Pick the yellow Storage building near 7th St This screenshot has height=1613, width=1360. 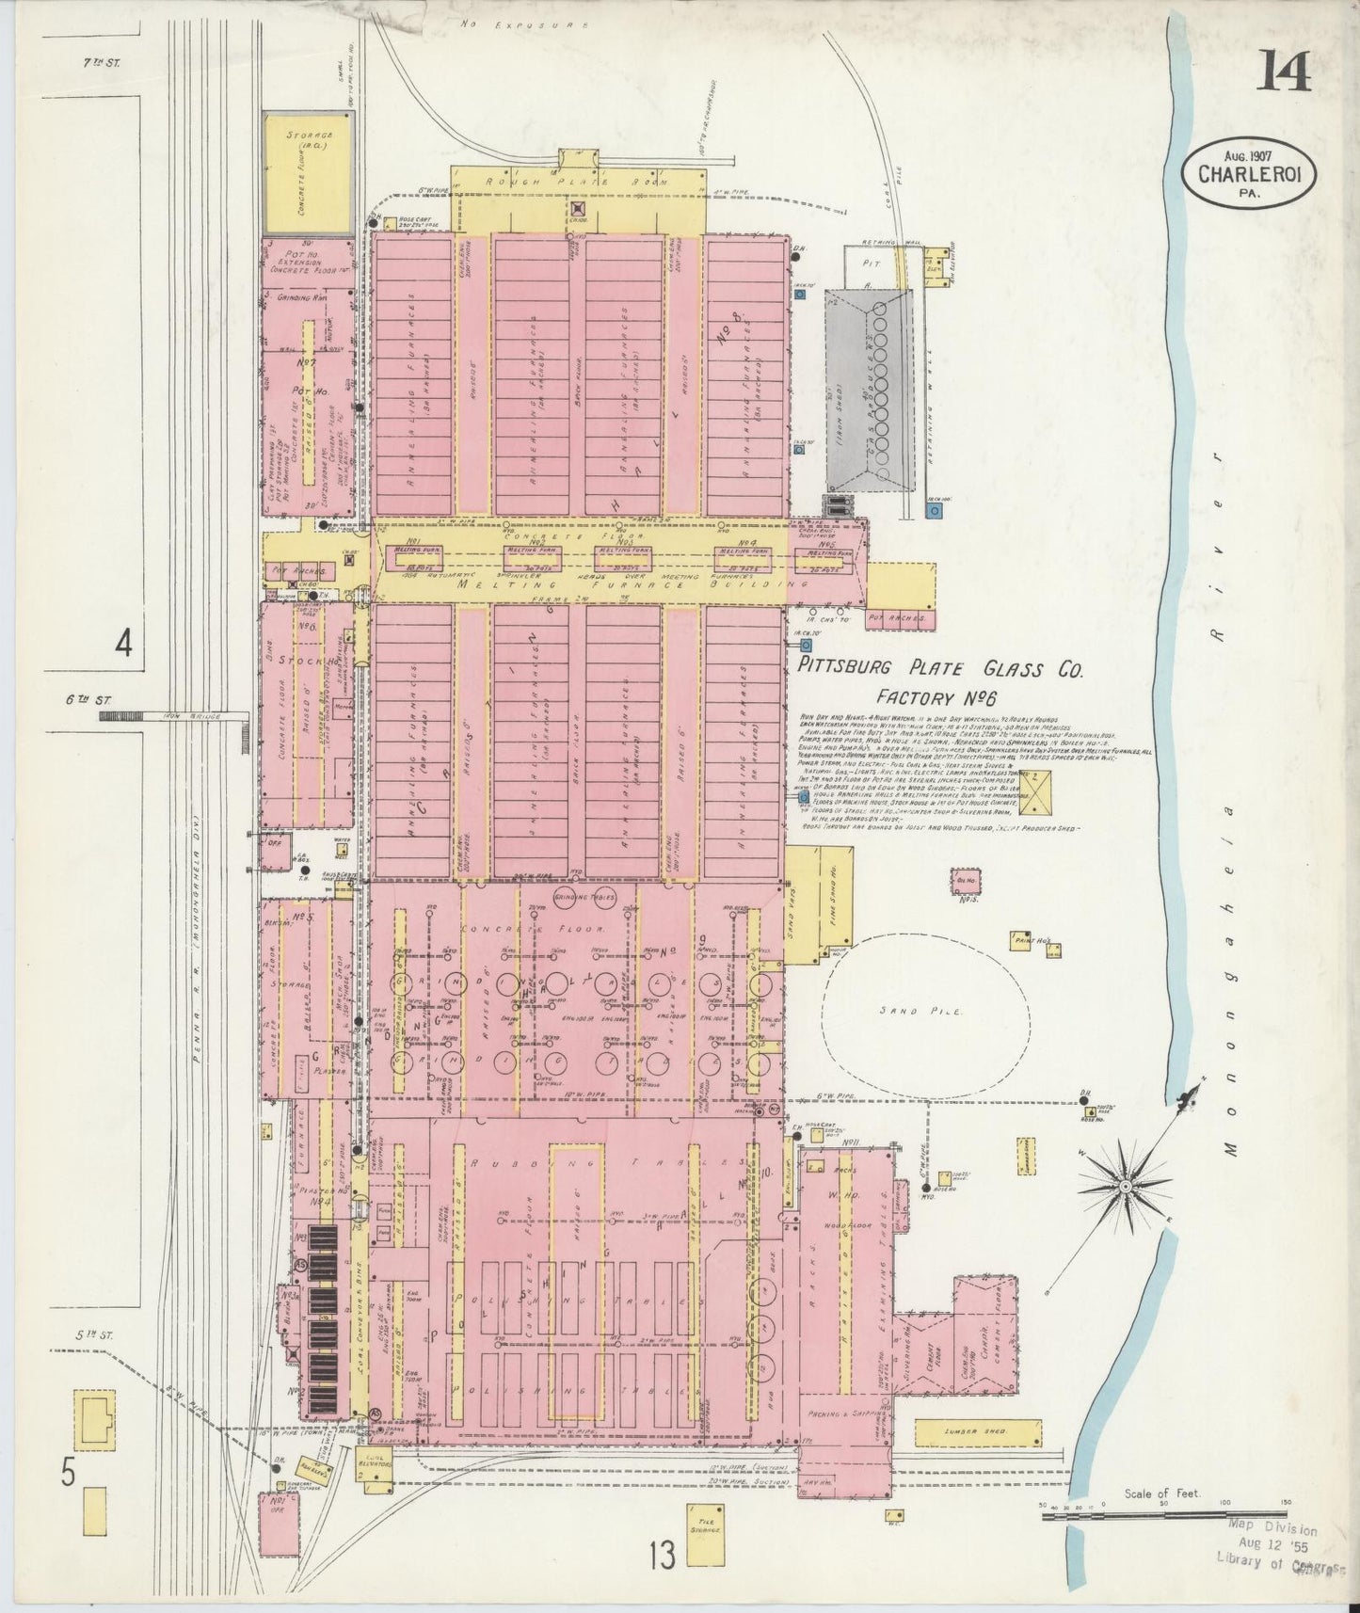pyautogui.click(x=309, y=173)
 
